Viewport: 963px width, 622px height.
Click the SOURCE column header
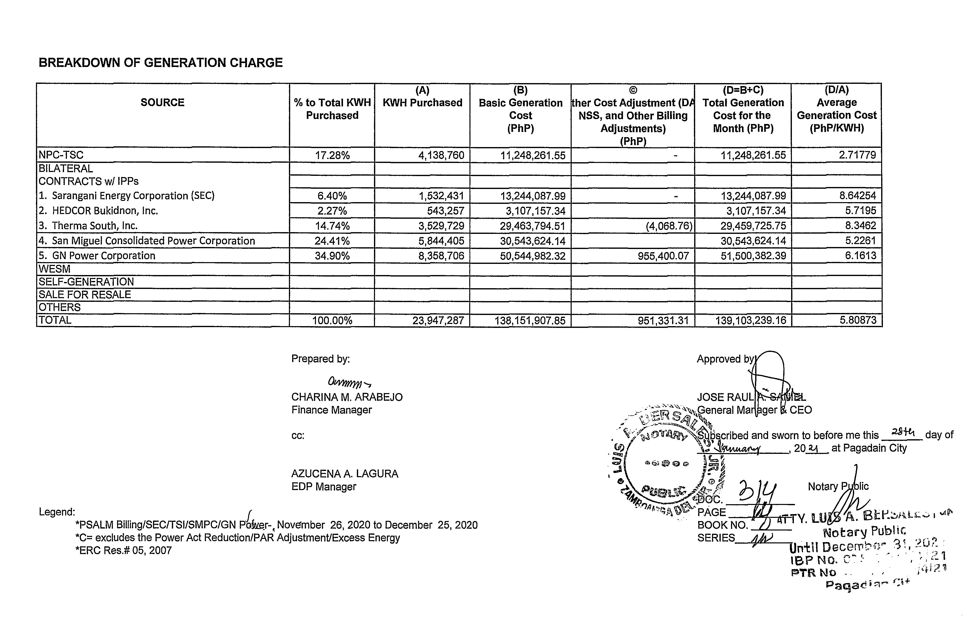(x=162, y=103)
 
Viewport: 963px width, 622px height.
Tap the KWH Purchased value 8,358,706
(x=441, y=256)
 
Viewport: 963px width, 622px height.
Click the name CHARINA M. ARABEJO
(x=347, y=397)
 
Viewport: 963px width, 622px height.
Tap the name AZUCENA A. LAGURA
(x=345, y=474)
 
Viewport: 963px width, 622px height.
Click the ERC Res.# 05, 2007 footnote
(x=124, y=551)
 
